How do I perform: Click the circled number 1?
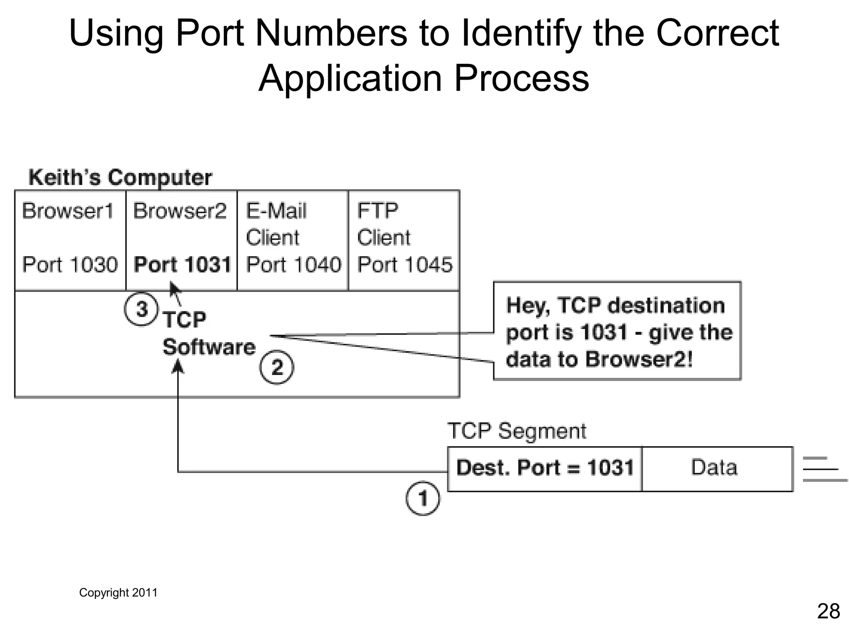pos(422,498)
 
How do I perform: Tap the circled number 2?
pos(277,367)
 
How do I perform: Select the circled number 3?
pos(141,309)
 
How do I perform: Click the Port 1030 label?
pos(70,265)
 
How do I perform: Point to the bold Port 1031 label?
pos(182,265)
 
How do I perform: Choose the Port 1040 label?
pos(294,265)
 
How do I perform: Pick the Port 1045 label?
pos(405,265)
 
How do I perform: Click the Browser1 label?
pos(68,211)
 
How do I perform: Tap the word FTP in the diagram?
pos(378,211)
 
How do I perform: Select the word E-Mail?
pos(277,211)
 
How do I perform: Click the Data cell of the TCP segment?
pos(714,468)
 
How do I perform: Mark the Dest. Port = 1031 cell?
pos(545,468)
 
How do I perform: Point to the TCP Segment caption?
pos(517,431)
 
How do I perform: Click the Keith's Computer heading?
pos(120,177)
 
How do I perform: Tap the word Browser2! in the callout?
pos(639,359)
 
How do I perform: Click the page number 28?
pos(828,611)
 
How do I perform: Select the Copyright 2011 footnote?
pos(118,593)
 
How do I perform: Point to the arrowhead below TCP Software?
pos(178,366)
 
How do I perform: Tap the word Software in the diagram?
pos(209,347)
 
